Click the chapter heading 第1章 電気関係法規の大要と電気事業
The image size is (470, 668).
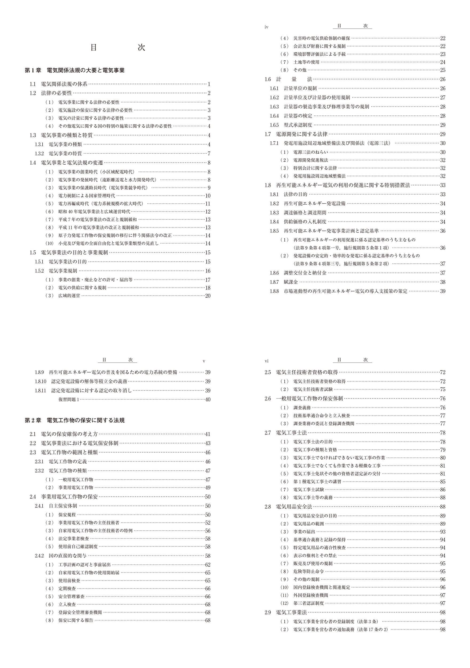tap(75, 71)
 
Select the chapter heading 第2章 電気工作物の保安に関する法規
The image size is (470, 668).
tap(75, 420)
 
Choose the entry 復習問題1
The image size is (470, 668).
tap(69, 400)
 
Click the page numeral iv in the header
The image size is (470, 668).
tap(266, 27)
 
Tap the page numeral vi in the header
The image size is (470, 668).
tap(266, 361)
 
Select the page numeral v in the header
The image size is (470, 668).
tap(204, 361)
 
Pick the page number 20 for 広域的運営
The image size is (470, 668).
tap(208, 296)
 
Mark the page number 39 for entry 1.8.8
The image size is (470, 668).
tap(443, 291)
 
